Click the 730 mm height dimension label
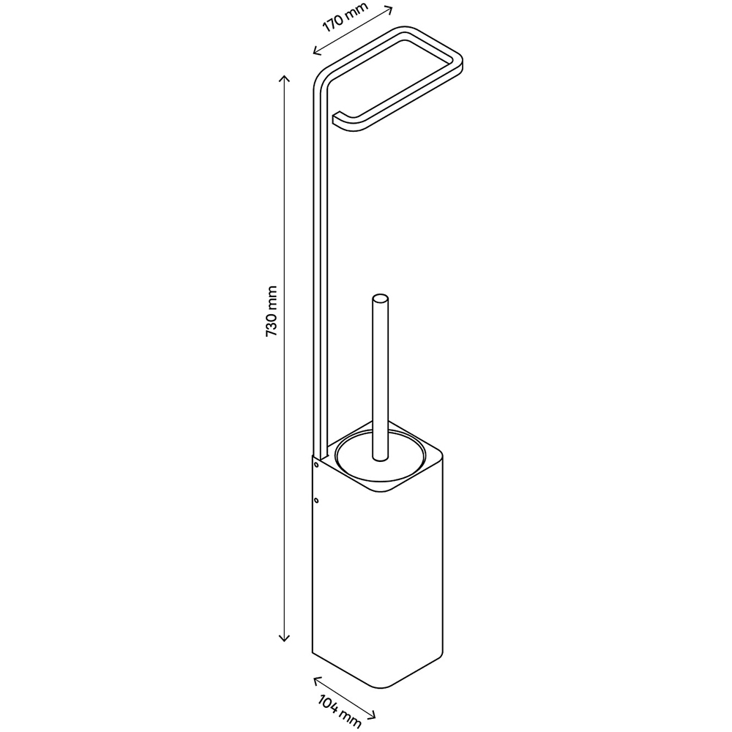[272, 311]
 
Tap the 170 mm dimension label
[345, 18]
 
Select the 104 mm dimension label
[340, 712]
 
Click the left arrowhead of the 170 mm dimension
[318, 50]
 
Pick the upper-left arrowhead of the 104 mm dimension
[318, 681]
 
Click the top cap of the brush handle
[380, 298]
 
